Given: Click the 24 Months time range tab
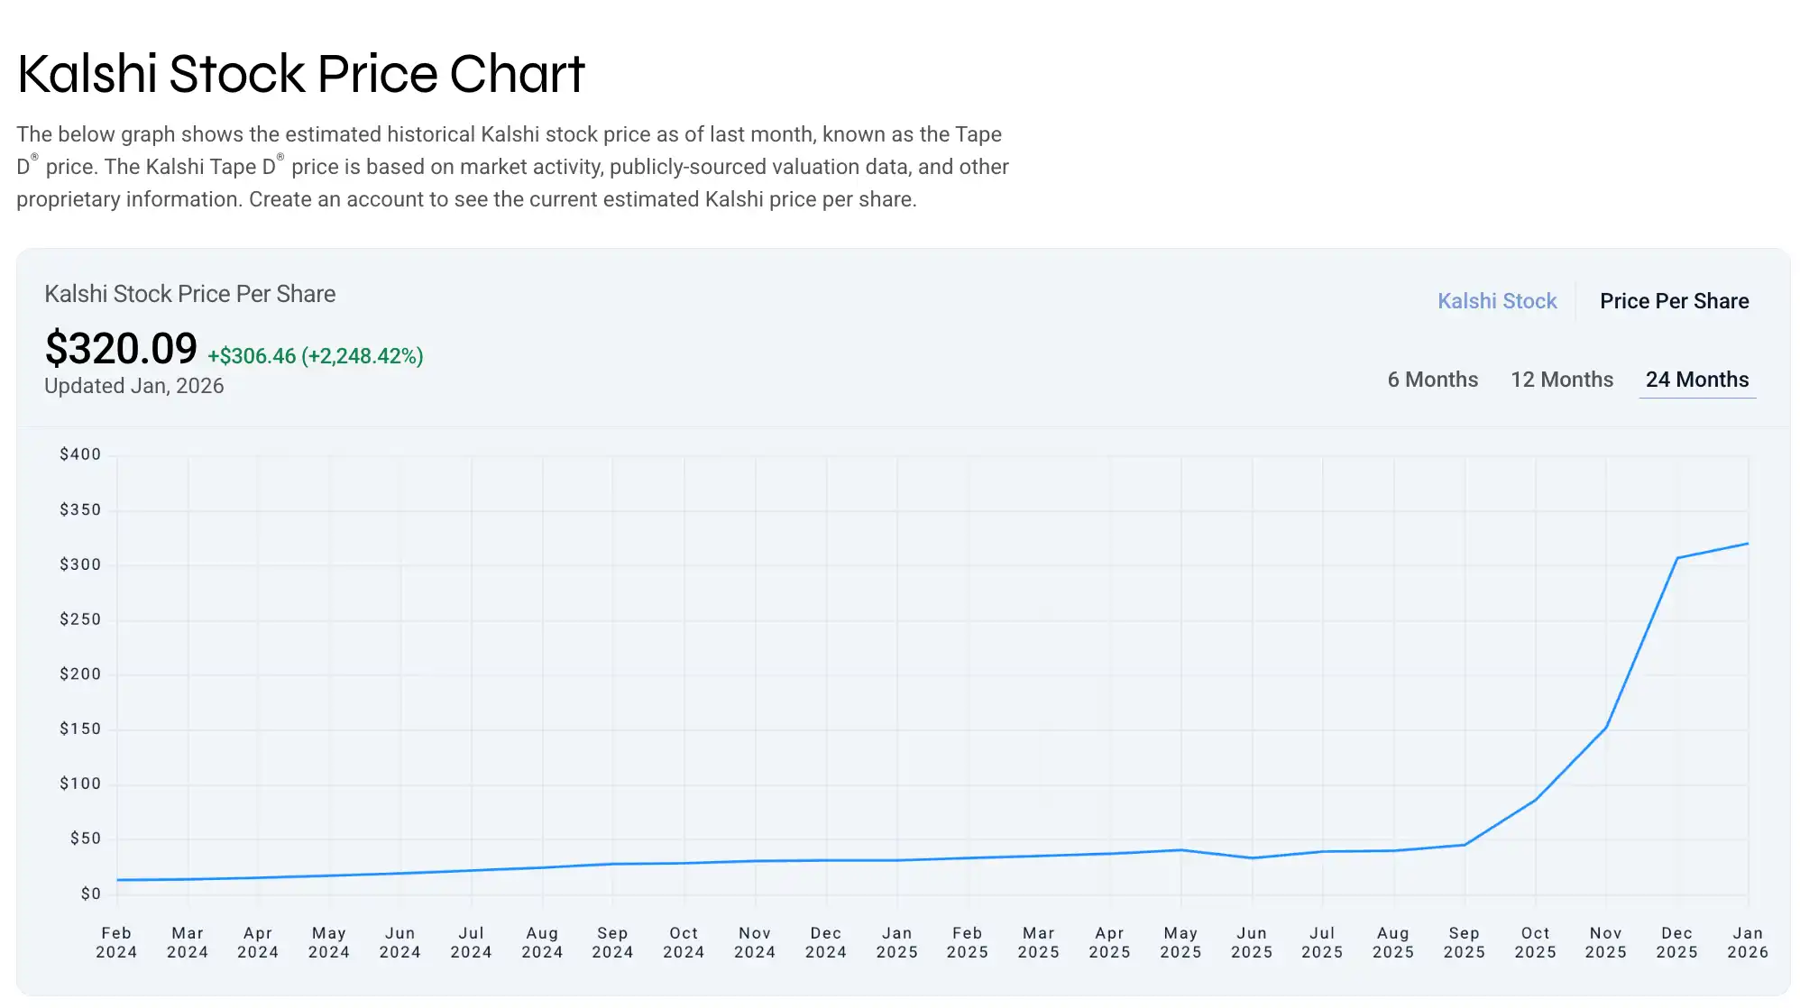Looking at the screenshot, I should [1696, 380].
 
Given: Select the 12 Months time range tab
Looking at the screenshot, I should [1561, 380].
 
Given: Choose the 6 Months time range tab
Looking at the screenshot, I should [1432, 380].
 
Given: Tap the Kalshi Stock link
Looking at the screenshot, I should [1496, 301].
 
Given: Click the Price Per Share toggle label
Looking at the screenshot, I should [1674, 301].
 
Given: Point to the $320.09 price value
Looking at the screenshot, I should [121, 349].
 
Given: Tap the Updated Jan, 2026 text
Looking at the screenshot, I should [133, 386].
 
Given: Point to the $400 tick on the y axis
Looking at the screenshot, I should [80, 454].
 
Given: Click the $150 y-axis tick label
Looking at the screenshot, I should [80, 729].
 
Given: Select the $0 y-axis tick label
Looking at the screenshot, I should [90, 893].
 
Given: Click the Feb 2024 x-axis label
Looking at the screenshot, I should [116, 942].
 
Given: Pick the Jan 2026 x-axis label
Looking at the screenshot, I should [1747, 942].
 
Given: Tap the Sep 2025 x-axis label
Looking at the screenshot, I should [1464, 942].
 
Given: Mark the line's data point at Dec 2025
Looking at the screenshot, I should [1676, 558].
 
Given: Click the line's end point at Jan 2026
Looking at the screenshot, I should [1748, 544].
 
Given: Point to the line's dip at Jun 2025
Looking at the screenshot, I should [1252, 857].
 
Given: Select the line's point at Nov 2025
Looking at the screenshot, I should [1606, 728].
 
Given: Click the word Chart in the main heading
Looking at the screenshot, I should [517, 74].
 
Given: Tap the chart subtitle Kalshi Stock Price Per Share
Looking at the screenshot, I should [189, 294].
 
